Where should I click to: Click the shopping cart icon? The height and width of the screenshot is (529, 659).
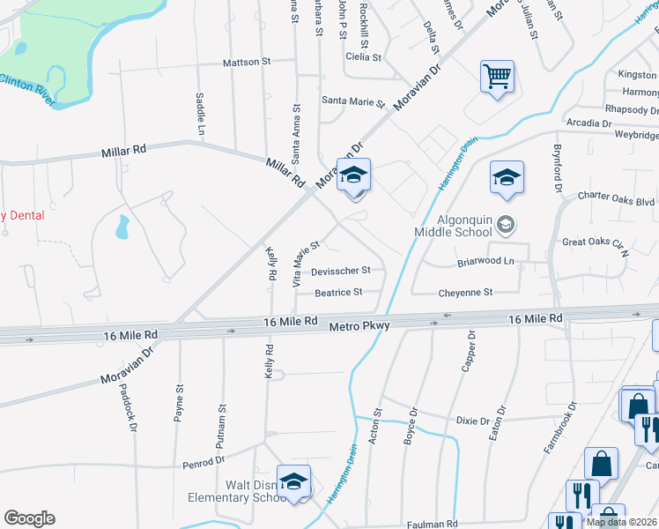tap(497, 77)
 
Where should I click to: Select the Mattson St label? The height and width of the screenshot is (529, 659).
tap(246, 62)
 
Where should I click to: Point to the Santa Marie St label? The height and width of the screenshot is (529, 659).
tap(353, 101)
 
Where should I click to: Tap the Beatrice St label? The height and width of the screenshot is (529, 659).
tap(338, 292)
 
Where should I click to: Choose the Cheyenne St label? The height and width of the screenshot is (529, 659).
tap(464, 292)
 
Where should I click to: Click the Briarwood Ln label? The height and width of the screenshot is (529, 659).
tap(485, 261)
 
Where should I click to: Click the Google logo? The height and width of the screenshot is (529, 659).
tap(29, 518)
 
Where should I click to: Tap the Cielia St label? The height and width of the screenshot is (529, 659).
tap(363, 56)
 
